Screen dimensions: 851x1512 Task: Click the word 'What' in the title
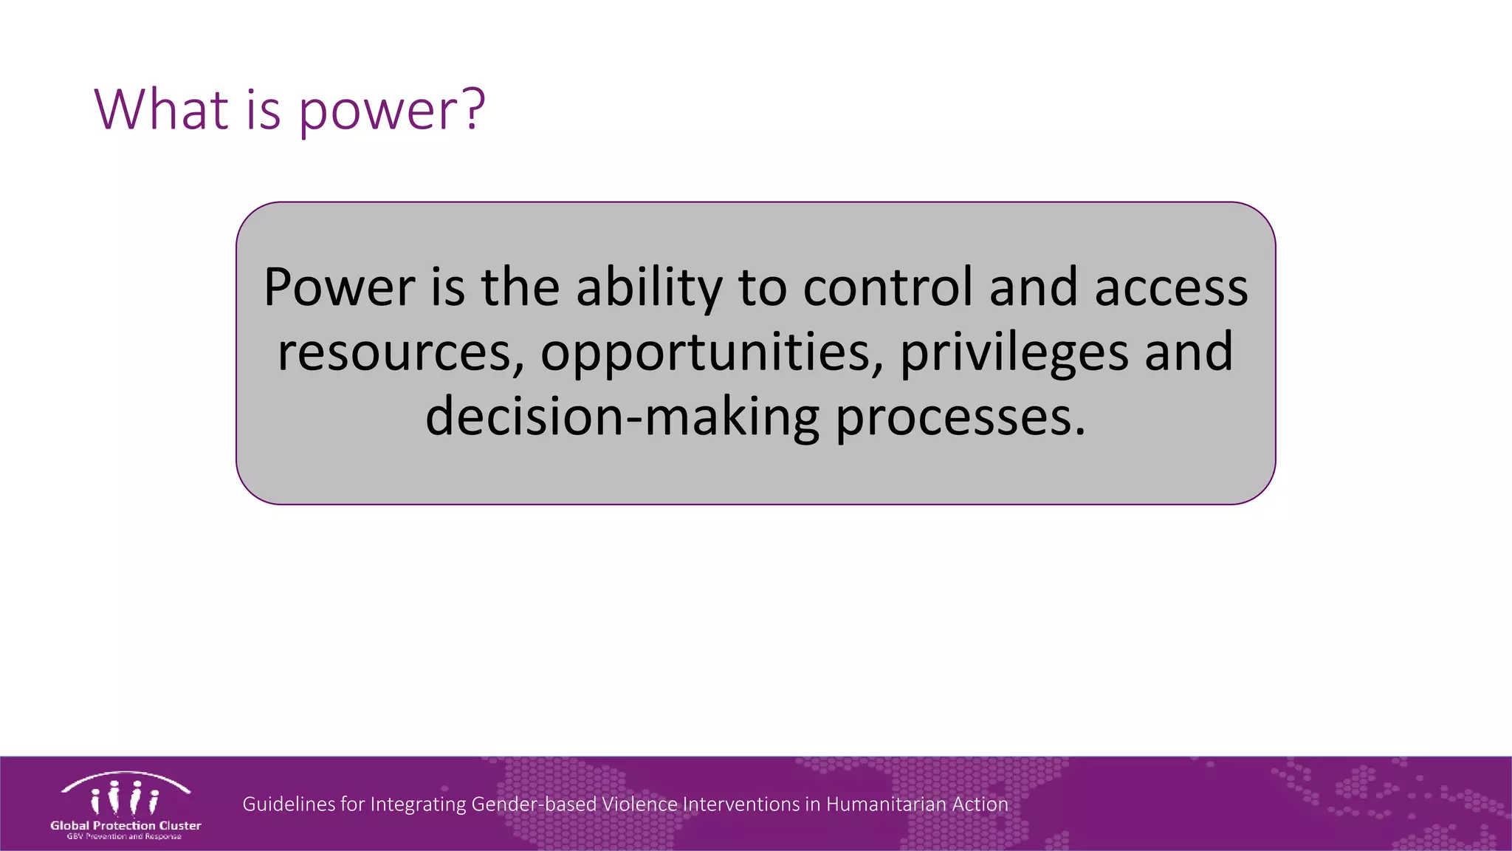pos(162,109)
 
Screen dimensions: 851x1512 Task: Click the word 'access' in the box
pos(1171,288)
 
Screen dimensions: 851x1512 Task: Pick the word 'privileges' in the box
pos(1014,353)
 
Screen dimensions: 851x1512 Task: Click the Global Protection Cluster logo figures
pos(125,796)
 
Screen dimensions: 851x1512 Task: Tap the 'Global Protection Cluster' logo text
pos(126,825)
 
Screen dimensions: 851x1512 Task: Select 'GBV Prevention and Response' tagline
pos(124,836)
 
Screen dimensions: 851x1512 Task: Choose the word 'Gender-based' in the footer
pos(534,804)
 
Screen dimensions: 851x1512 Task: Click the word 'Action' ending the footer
pos(980,804)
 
